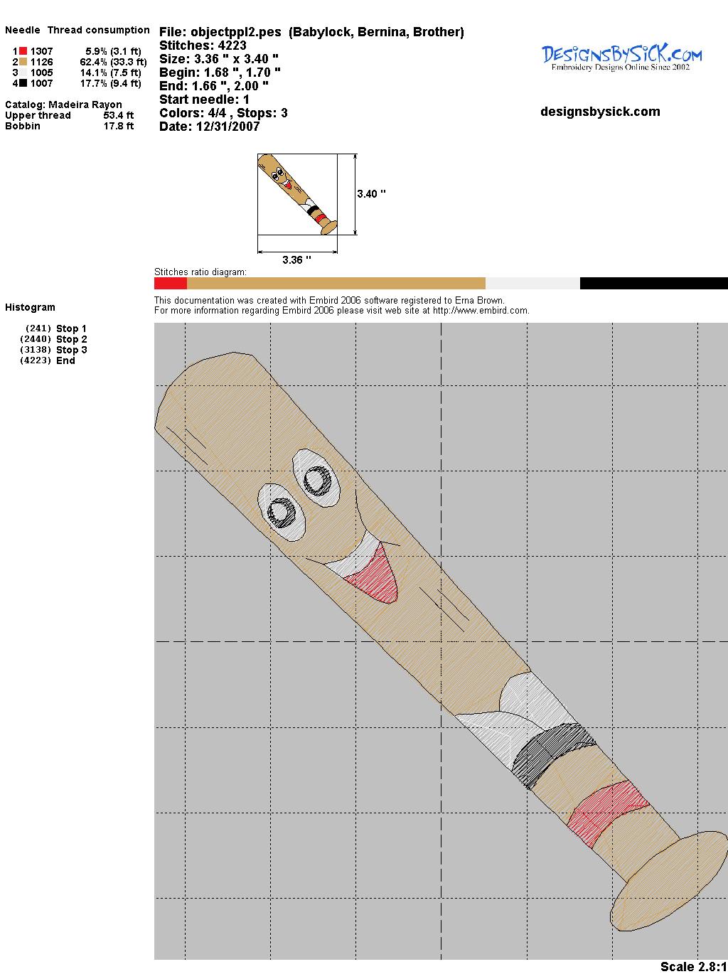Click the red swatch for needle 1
click(x=23, y=51)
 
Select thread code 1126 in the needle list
click(x=42, y=62)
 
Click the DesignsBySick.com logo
click(x=621, y=58)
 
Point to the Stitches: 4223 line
click(x=203, y=46)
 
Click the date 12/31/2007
click(x=227, y=127)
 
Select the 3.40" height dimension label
click(x=371, y=194)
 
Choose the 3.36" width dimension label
click(x=296, y=259)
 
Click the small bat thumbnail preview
click(x=297, y=194)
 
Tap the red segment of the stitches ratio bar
click(x=171, y=283)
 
